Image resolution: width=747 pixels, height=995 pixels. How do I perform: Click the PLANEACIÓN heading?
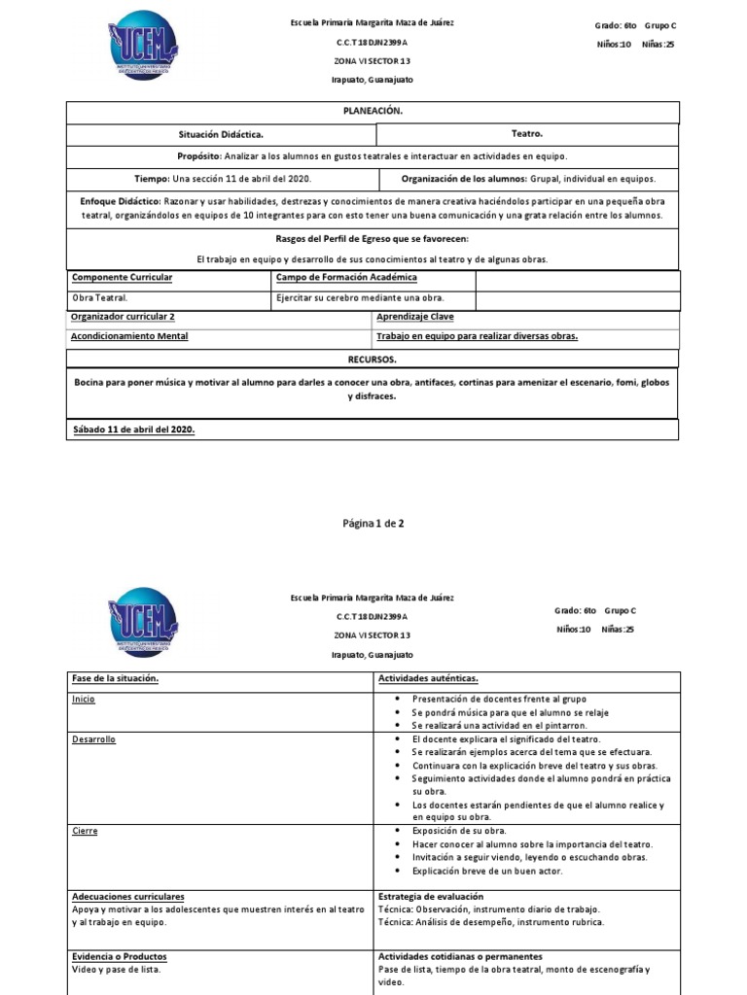(x=373, y=111)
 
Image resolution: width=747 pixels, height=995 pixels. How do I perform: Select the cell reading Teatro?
(x=526, y=134)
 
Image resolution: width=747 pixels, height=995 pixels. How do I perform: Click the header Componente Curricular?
(x=123, y=278)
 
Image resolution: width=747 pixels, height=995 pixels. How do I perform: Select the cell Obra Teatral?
(x=100, y=298)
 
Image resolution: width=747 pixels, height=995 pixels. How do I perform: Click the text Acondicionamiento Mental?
(x=129, y=336)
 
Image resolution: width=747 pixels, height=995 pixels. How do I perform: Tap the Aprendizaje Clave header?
(x=414, y=317)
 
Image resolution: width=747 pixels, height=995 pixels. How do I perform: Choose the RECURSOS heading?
(x=373, y=359)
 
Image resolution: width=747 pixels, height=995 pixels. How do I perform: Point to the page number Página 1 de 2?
(x=373, y=523)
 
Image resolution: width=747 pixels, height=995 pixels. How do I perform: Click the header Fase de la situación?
(x=115, y=678)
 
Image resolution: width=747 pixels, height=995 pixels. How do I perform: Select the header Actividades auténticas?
(x=427, y=678)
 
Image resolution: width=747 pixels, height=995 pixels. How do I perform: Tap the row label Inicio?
(x=85, y=699)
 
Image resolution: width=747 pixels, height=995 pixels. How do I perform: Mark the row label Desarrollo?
(x=93, y=739)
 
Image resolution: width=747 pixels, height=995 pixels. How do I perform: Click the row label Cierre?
(x=85, y=832)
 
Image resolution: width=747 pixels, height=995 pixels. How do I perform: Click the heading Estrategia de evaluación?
(x=430, y=896)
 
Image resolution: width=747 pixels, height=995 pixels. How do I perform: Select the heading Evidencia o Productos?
(x=119, y=956)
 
